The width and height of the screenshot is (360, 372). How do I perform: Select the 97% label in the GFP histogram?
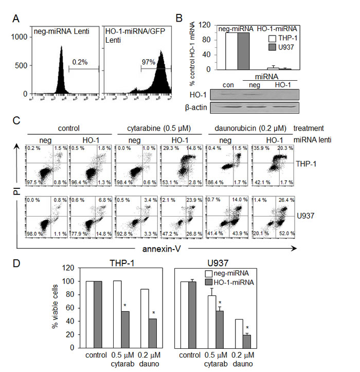coord(149,61)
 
